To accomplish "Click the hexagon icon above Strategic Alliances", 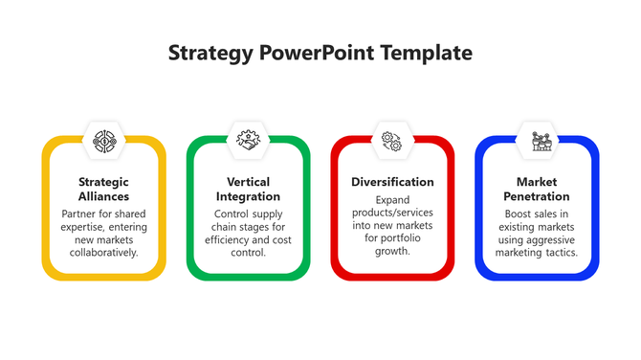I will [x=103, y=141].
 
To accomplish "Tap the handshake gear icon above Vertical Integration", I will [x=248, y=141].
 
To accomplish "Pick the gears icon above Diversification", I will [x=392, y=141].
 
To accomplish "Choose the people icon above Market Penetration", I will [x=537, y=141].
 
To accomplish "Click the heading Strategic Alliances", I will [x=103, y=189].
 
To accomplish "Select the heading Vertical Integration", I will [x=248, y=189].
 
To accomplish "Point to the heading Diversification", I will [x=392, y=182].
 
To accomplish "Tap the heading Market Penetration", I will [x=537, y=189].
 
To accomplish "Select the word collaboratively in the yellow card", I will [x=103, y=253].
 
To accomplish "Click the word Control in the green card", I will [x=233, y=214].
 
